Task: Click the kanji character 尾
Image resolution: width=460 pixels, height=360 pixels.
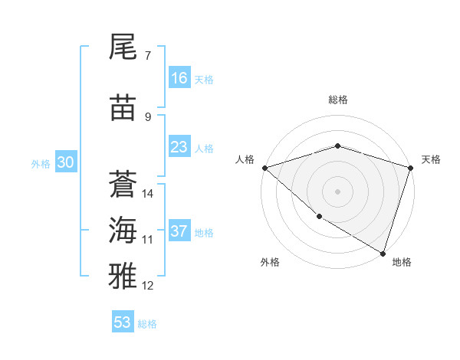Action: pyautogui.click(x=123, y=47)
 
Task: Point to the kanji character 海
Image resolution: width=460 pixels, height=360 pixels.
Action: pyautogui.click(x=123, y=230)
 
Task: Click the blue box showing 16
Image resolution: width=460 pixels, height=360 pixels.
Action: pyautogui.click(x=179, y=77)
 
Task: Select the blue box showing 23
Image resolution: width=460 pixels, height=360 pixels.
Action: pyautogui.click(x=179, y=147)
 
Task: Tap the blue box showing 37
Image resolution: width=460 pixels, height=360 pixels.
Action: pyautogui.click(x=179, y=231)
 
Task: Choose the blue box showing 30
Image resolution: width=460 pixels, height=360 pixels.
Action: pyautogui.click(x=66, y=162)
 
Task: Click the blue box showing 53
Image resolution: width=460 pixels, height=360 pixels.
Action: pyautogui.click(x=123, y=322)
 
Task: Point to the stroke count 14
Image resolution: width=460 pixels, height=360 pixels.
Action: pyautogui.click(x=148, y=193)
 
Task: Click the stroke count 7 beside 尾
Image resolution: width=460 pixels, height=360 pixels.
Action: pyautogui.click(x=147, y=56)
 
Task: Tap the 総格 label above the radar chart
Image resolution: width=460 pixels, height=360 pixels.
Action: pyautogui.click(x=337, y=100)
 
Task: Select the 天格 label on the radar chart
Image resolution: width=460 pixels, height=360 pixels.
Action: pyautogui.click(x=431, y=159)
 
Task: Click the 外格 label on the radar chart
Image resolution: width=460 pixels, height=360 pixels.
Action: pyautogui.click(x=270, y=262)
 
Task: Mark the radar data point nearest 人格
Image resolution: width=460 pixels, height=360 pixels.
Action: pyautogui.click(x=264, y=167)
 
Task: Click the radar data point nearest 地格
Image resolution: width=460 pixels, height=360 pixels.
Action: pyautogui.click(x=382, y=253)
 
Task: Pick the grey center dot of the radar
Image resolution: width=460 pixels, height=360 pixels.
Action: pyautogui.click(x=337, y=191)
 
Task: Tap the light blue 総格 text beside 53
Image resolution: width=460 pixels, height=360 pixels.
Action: pyautogui.click(x=147, y=323)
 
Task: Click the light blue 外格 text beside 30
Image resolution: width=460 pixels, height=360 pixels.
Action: pyautogui.click(x=41, y=163)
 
